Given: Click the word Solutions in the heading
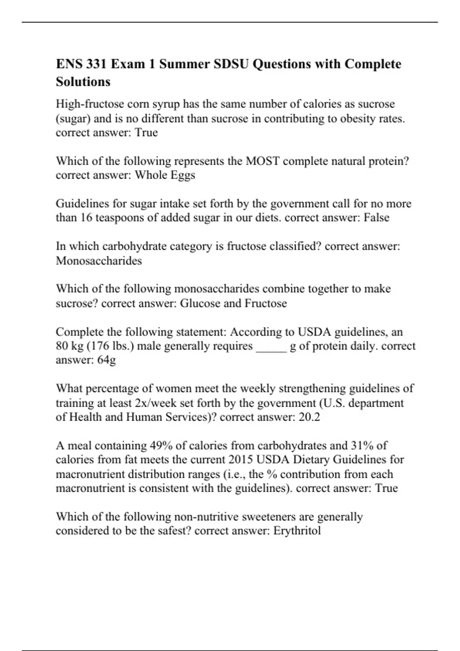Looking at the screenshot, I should [x=83, y=82].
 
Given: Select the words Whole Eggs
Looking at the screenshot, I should [x=165, y=175].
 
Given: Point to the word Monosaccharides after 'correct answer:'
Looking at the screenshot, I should [x=99, y=261].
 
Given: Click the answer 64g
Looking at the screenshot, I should [x=107, y=360].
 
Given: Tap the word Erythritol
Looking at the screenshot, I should [x=297, y=531].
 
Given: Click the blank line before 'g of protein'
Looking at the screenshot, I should [x=271, y=346].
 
